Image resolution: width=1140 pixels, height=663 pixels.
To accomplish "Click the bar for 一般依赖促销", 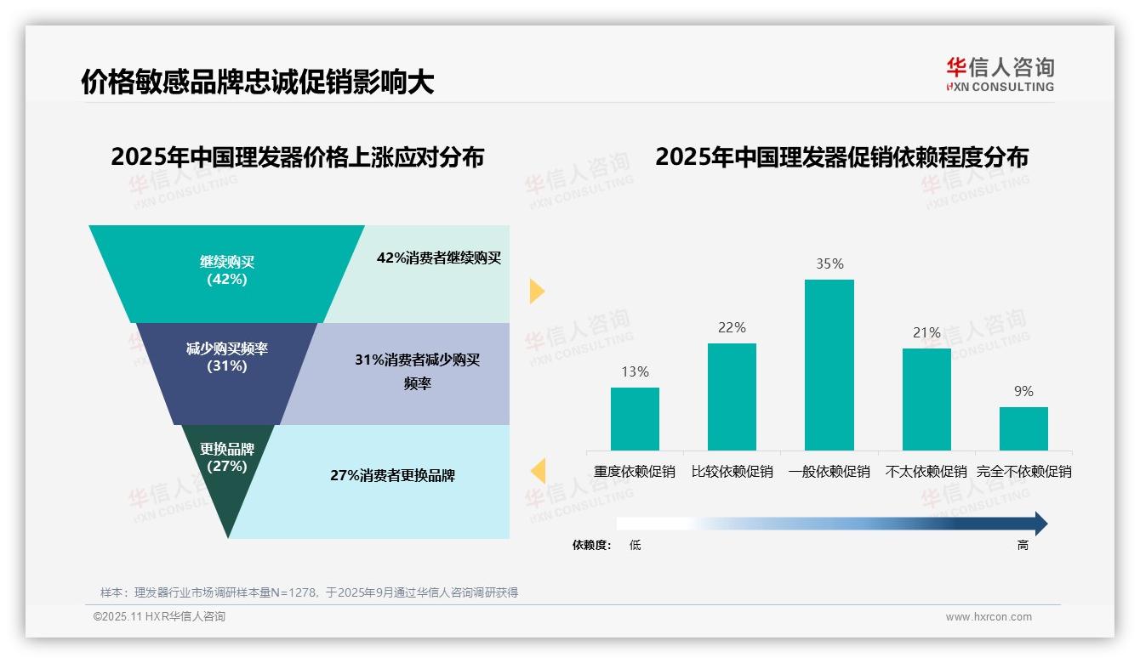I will point(829,365).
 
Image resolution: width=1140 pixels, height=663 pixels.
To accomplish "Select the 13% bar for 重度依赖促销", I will point(635,418).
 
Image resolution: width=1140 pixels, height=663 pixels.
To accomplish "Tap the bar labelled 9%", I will point(1023,428).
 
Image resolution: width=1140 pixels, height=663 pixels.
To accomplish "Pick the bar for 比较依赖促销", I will point(732,396).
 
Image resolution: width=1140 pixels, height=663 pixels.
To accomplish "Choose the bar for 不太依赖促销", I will point(926,399).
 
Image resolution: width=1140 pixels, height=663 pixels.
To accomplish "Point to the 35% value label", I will point(829,264).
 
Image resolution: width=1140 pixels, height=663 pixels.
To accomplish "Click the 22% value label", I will point(732,328).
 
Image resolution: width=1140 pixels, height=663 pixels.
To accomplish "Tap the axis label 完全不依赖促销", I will point(1023,472).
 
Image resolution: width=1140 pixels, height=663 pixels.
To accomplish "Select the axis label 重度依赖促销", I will point(635,472).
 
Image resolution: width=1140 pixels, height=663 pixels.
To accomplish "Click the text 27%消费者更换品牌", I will point(392,476).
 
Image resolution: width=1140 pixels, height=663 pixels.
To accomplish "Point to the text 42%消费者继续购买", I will point(439,258).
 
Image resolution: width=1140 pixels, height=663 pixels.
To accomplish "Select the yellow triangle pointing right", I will point(536,291).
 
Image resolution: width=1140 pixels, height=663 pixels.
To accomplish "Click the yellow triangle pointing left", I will point(538,471).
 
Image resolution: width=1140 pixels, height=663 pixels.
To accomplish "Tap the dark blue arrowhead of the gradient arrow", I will point(1040,524).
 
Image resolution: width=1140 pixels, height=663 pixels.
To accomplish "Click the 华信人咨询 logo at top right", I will point(1000,74).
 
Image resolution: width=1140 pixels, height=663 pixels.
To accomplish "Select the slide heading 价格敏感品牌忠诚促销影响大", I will point(257,82).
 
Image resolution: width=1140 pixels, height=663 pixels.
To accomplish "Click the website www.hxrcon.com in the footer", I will point(989,617).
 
